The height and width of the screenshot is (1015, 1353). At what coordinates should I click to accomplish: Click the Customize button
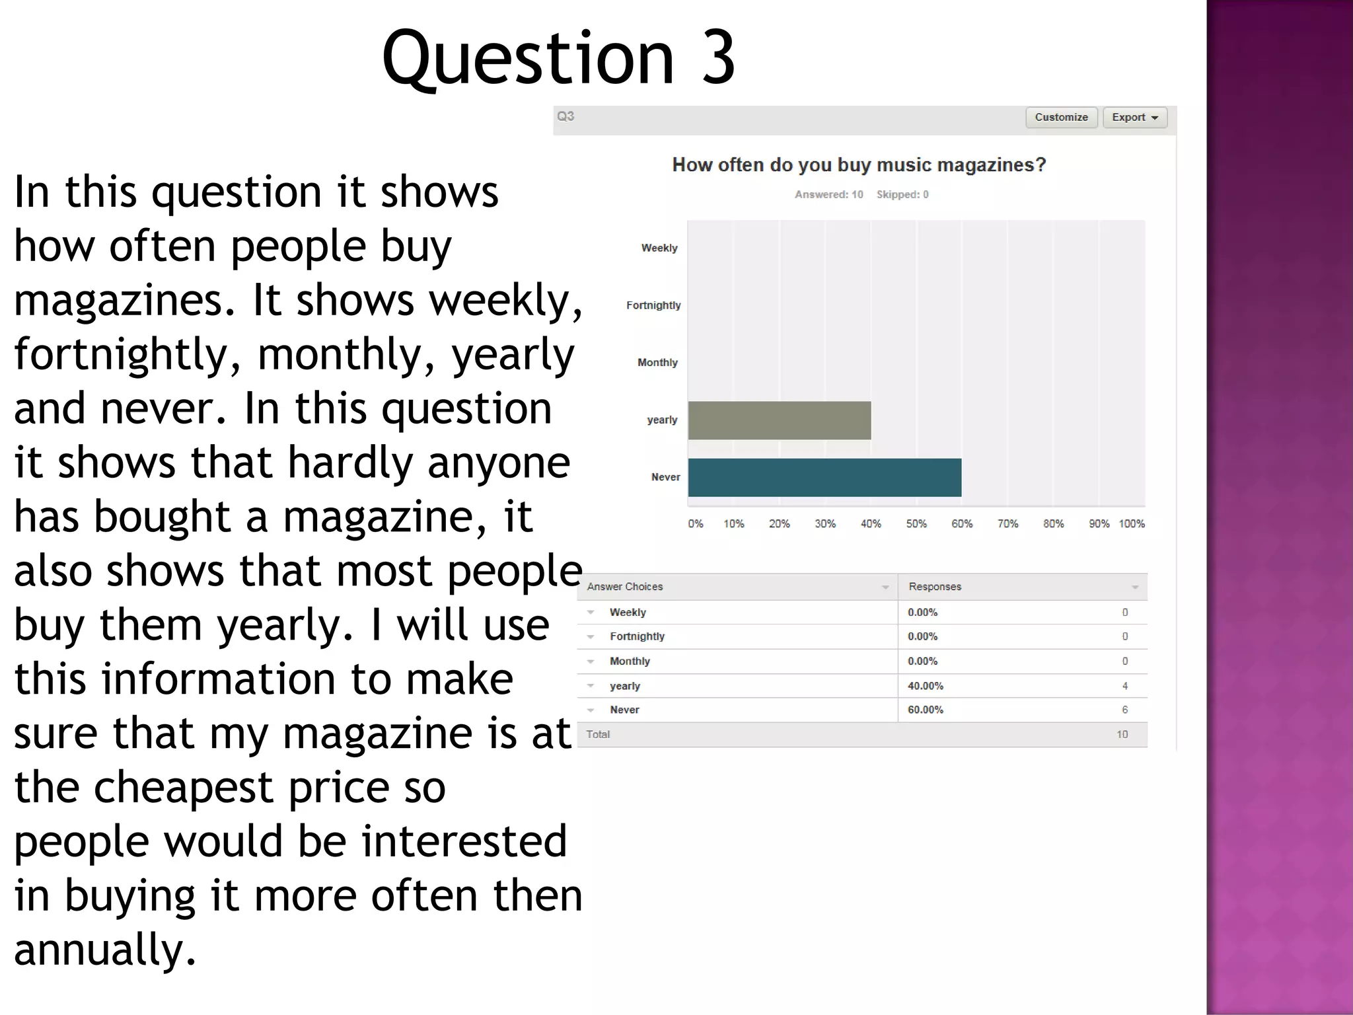click(x=1061, y=118)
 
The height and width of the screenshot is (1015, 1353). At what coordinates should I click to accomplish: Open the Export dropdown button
click(x=1134, y=118)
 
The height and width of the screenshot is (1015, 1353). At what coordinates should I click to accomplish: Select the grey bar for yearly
click(x=779, y=420)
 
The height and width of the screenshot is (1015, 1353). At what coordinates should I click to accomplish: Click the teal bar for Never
click(x=824, y=477)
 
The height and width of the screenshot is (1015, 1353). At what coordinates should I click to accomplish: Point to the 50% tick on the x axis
click(x=916, y=524)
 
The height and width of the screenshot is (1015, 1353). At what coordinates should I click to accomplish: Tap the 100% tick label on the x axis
click(x=1131, y=524)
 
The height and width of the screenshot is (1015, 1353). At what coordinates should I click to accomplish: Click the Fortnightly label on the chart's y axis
click(x=653, y=305)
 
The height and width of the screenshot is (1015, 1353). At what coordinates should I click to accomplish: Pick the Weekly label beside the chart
click(x=659, y=248)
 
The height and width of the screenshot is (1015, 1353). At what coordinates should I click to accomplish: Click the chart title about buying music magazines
click(x=859, y=165)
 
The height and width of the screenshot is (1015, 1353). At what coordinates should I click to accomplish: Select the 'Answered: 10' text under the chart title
click(x=828, y=195)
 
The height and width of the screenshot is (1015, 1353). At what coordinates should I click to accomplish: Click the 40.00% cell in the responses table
click(x=925, y=686)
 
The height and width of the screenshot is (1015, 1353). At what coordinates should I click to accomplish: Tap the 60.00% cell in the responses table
click(x=925, y=710)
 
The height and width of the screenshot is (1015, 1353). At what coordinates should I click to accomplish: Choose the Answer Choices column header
click(x=624, y=587)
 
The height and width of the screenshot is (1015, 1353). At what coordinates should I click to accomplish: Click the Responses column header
click(x=934, y=587)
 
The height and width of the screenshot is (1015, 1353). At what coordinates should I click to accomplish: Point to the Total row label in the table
click(x=598, y=735)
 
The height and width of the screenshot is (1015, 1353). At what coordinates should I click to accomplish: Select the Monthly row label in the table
click(x=630, y=661)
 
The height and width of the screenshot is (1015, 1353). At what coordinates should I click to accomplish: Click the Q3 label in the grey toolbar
click(x=566, y=117)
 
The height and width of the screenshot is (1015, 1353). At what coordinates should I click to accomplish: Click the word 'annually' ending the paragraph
click(x=104, y=950)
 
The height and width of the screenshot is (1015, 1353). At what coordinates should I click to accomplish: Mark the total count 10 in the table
click(x=1122, y=735)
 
